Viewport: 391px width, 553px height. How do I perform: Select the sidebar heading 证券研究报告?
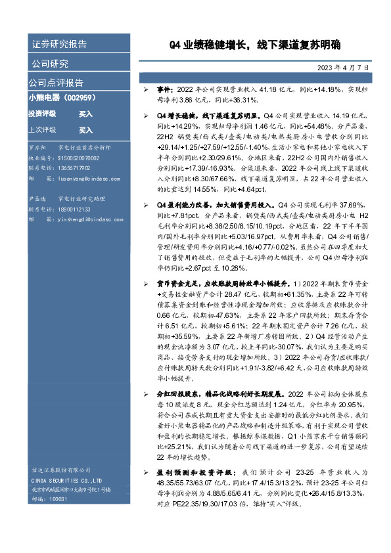59,45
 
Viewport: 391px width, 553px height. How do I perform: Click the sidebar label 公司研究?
49,64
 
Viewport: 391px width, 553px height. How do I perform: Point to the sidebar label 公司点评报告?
56,83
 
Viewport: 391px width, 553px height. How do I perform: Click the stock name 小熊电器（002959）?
63,98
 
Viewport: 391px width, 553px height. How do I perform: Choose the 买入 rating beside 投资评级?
85,114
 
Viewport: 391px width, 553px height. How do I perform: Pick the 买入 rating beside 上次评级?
85,130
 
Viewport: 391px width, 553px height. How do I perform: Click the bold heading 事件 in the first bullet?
164,89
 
